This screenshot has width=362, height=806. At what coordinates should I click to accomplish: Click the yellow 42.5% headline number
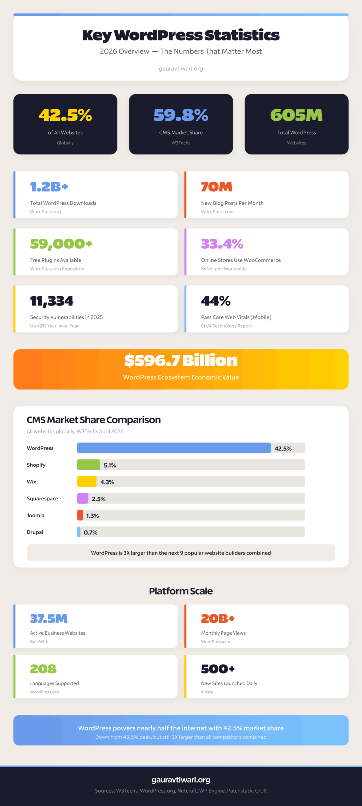pyautogui.click(x=65, y=115)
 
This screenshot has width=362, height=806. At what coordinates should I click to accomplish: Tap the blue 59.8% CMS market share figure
pyautogui.click(x=181, y=115)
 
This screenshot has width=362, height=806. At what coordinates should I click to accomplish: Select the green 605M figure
pyautogui.click(x=296, y=115)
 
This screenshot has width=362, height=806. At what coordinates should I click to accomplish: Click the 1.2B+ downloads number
pyautogui.click(x=49, y=187)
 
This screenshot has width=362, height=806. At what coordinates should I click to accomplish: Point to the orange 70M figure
pyautogui.click(x=216, y=187)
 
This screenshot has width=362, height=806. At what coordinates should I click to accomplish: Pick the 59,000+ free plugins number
pyautogui.click(x=61, y=244)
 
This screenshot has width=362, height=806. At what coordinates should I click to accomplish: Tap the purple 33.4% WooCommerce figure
pyautogui.click(x=222, y=244)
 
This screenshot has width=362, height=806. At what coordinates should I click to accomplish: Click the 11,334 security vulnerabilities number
pyautogui.click(x=52, y=301)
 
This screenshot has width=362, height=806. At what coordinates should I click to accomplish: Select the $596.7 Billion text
pyautogui.click(x=181, y=361)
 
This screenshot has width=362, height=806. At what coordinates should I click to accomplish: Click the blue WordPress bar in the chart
pyautogui.click(x=174, y=448)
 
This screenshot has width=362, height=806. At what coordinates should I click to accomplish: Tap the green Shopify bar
pyautogui.click(x=88, y=465)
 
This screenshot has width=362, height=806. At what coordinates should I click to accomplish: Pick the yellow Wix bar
pyautogui.click(x=87, y=482)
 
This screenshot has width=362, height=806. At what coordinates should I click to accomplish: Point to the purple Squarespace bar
pyautogui.click(x=83, y=498)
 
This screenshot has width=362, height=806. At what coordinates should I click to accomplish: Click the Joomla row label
pyautogui.click(x=36, y=515)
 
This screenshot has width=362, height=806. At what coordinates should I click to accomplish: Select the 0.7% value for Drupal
pyautogui.click(x=90, y=532)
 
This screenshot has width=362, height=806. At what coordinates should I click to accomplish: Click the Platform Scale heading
pyautogui.click(x=181, y=591)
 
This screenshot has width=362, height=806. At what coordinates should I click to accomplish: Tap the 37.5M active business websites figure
pyautogui.click(x=49, y=619)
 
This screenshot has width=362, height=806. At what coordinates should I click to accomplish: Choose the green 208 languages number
pyautogui.click(x=43, y=669)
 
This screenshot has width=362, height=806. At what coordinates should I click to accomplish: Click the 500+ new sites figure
pyautogui.click(x=218, y=669)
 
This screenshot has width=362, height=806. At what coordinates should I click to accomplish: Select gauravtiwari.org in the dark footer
pyautogui.click(x=181, y=779)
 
